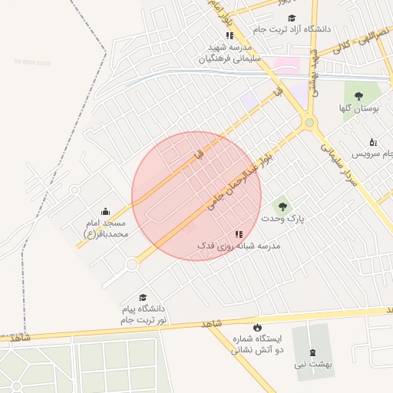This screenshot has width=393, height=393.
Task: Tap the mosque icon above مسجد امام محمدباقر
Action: click(x=105, y=211)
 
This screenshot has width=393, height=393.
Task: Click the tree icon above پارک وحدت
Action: click(x=282, y=206)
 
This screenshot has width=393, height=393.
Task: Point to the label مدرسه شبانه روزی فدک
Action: click(x=239, y=246)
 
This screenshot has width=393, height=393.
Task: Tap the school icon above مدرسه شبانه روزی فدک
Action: click(x=239, y=233)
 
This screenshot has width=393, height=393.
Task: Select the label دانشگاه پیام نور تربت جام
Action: click(x=144, y=313)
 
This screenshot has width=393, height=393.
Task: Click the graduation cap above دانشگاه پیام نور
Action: click(x=142, y=297)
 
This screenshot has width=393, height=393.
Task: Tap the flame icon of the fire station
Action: click(x=256, y=328)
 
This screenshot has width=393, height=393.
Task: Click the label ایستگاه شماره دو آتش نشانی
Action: click(x=257, y=344)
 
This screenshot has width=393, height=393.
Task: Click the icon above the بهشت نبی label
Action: click(x=312, y=353)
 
